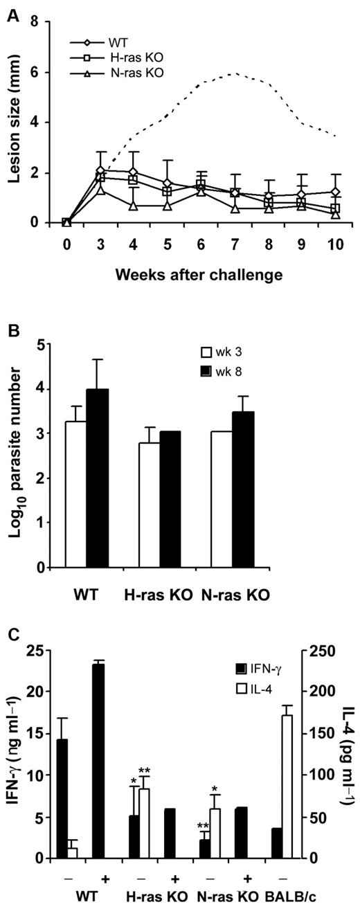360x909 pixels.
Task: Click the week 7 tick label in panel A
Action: [x=233, y=246]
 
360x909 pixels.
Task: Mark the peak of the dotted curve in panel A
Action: [x=234, y=73]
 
